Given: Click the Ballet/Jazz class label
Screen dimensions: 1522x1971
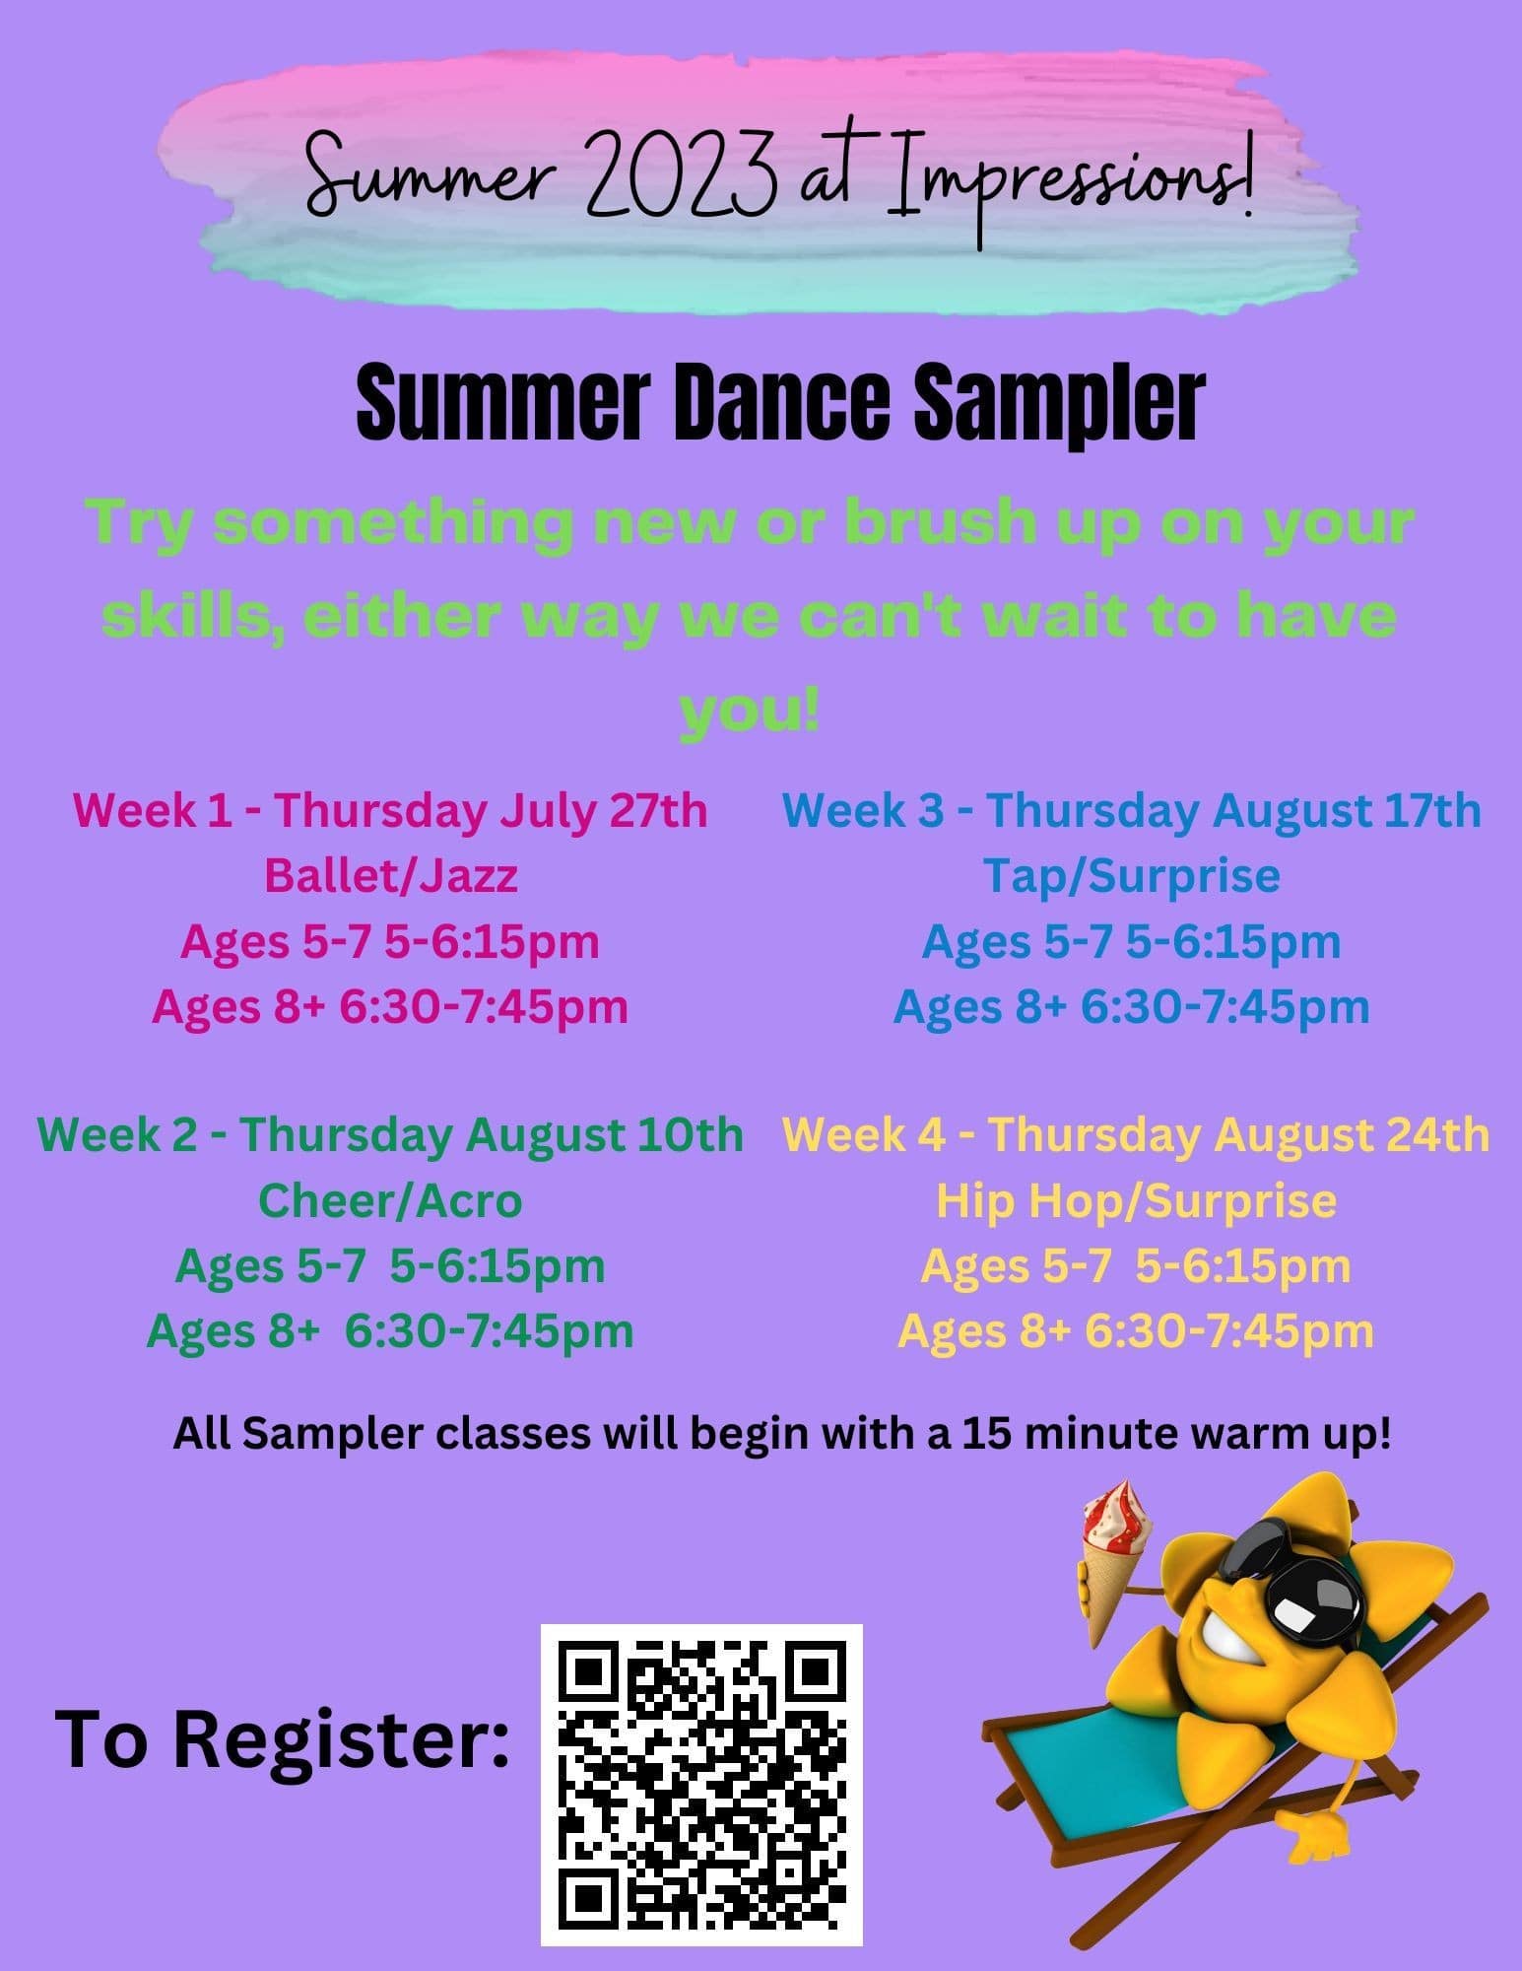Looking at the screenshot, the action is click(x=391, y=875).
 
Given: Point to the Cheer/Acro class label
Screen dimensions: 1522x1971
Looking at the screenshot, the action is click(x=390, y=1200).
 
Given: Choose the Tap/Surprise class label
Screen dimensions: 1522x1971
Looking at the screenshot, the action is click(x=1132, y=875).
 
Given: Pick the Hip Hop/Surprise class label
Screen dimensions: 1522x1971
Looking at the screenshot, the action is click(x=1136, y=1200).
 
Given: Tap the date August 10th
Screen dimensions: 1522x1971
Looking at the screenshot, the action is click(x=605, y=1134).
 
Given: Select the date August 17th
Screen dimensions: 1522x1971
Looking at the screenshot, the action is click(x=1347, y=810).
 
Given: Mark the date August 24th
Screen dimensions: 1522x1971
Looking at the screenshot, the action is click(x=1352, y=1134).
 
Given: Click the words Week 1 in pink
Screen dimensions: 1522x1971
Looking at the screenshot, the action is click(x=154, y=810).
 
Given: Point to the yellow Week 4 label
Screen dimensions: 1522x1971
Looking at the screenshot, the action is click(x=866, y=1134).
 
